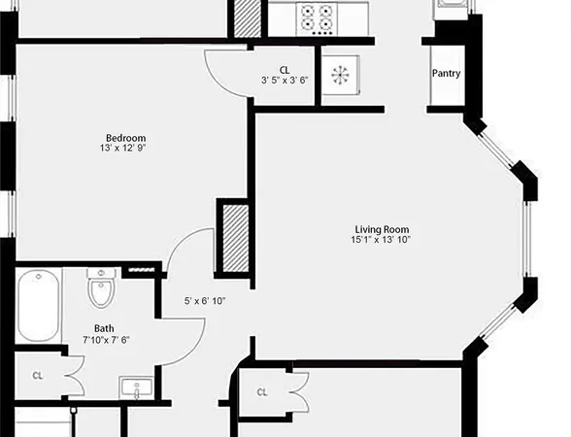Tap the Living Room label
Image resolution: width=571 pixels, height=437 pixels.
tap(382, 228)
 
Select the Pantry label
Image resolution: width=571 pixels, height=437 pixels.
tap(446, 74)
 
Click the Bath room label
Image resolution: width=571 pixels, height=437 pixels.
tap(104, 328)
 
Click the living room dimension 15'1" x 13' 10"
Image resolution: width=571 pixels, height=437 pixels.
tap(382, 240)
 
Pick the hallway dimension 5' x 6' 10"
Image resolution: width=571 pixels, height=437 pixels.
tap(206, 301)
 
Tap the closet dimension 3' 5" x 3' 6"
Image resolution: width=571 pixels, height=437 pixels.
tap(285, 81)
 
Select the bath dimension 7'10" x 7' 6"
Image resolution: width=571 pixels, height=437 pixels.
tap(107, 340)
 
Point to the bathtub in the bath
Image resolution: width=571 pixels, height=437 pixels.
tap(36, 306)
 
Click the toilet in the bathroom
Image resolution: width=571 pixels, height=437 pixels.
tap(101, 287)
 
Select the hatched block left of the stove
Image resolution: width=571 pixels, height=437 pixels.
tap(247, 18)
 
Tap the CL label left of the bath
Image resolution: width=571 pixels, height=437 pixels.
tap(38, 375)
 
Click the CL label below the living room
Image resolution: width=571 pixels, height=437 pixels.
tap(262, 392)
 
